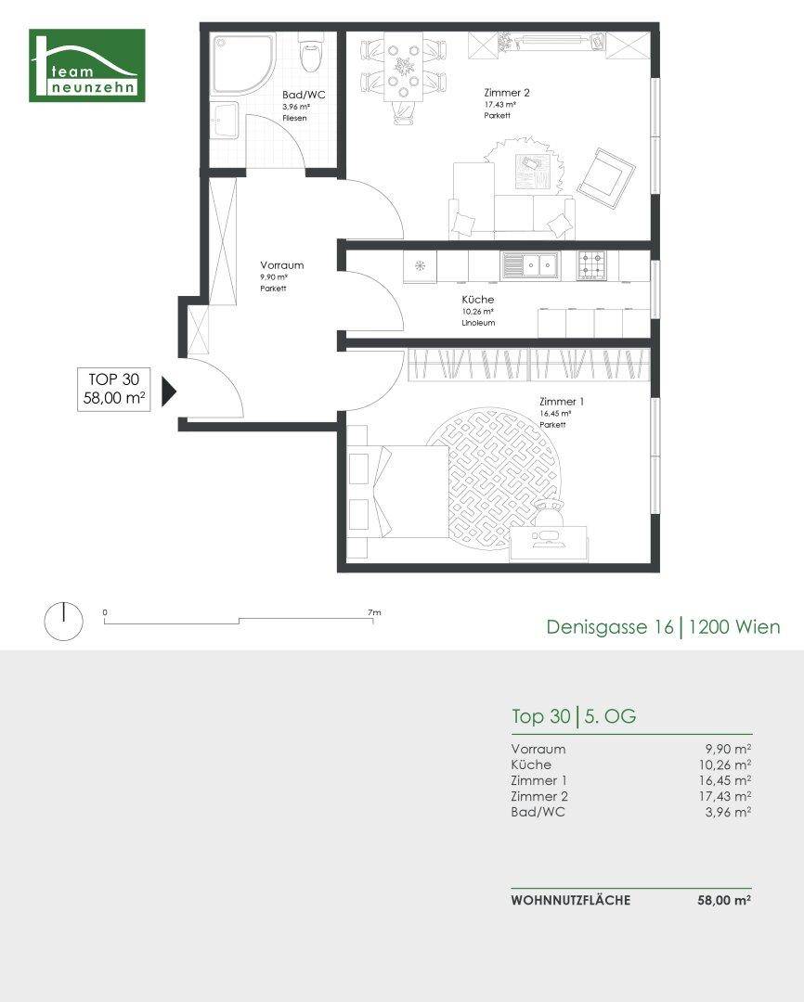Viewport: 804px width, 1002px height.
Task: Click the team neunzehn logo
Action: (87, 65)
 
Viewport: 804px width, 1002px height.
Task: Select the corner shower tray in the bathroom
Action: (242, 64)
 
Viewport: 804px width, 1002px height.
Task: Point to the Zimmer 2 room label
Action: (507, 93)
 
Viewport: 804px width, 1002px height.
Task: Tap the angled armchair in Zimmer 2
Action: (605, 178)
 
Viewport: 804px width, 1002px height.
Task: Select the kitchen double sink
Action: (530, 265)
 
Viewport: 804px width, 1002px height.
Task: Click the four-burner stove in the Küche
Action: (591, 265)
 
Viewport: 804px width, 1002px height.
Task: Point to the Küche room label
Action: (478, 300)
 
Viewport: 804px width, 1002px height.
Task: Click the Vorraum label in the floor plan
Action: (282, 265)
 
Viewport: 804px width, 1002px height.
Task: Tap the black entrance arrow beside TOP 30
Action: (169, 392)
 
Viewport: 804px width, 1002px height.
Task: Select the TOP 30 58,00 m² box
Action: (114, 389)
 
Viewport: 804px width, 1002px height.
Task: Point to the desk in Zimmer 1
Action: (548, 544)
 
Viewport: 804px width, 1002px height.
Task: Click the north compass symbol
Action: (63, 621)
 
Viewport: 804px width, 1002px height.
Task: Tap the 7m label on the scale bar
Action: (374, 612)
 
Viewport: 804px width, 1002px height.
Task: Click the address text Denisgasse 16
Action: (610, 627)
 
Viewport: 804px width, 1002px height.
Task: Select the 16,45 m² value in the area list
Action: (725, 780)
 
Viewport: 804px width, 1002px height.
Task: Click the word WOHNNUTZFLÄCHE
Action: (571, 900)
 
